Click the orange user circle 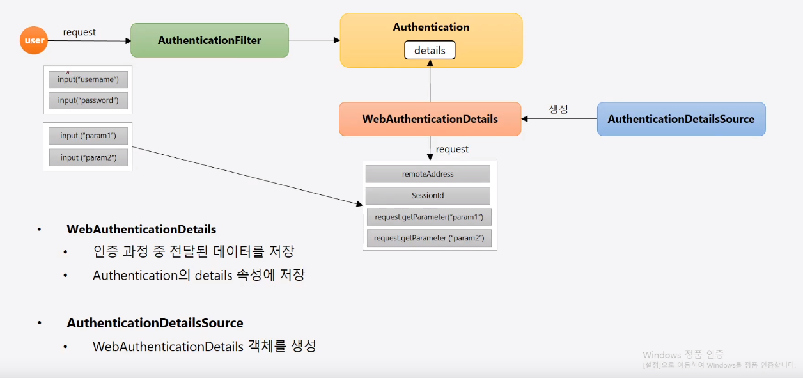tap(34, 41)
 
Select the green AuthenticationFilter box tap(210, 40)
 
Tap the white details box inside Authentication tap(430, 51)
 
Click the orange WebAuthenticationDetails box tap(430, 119)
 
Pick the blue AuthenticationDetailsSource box tap(681, 119)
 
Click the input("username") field tap(88, 79)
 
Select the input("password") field tap(88, 100)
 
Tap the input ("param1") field tap(88, 136)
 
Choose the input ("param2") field tap(88, 157)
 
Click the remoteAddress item tap(428, 174)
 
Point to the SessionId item tap(428, 196)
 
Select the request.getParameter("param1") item tap(428, 217)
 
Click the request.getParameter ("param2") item tap(428, 239)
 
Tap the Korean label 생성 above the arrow tap(558, 109)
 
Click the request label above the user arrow tap(79, 32)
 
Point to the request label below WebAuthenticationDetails tap(452, 149)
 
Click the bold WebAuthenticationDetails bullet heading tap(141, 229)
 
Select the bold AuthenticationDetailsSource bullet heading tap(155, 323)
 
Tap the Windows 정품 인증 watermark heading tap(683, 355)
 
